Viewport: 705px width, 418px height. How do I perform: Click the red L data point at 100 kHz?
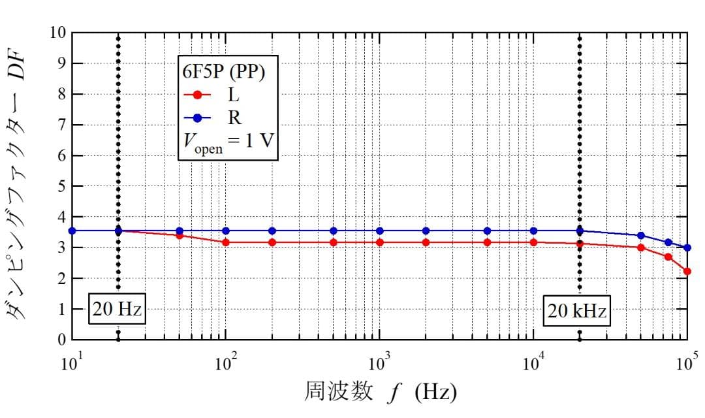pos(687,271)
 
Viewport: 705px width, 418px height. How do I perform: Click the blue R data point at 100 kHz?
pos(687,248)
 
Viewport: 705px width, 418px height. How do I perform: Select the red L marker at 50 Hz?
pos(180,235)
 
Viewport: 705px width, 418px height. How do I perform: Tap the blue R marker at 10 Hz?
pos(72,231)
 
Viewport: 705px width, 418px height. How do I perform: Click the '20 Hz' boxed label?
pos(117,310)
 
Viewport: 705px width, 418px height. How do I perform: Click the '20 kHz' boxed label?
pos(577,312)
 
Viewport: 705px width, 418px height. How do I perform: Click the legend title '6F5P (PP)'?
pos(223,72)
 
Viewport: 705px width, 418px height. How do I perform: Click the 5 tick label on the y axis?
pos(60,187)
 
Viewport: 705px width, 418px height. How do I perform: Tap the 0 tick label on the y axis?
pos(60,340)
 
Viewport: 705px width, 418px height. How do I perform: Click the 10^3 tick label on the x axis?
pos(379,362)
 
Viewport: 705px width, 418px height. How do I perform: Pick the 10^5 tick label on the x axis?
pos(687,362)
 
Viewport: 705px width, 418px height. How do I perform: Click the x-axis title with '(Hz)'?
pos(381,393)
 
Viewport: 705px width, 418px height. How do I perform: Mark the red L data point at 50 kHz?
pos(640,248)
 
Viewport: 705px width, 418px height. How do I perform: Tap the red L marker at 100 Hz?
pos(226,242)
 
